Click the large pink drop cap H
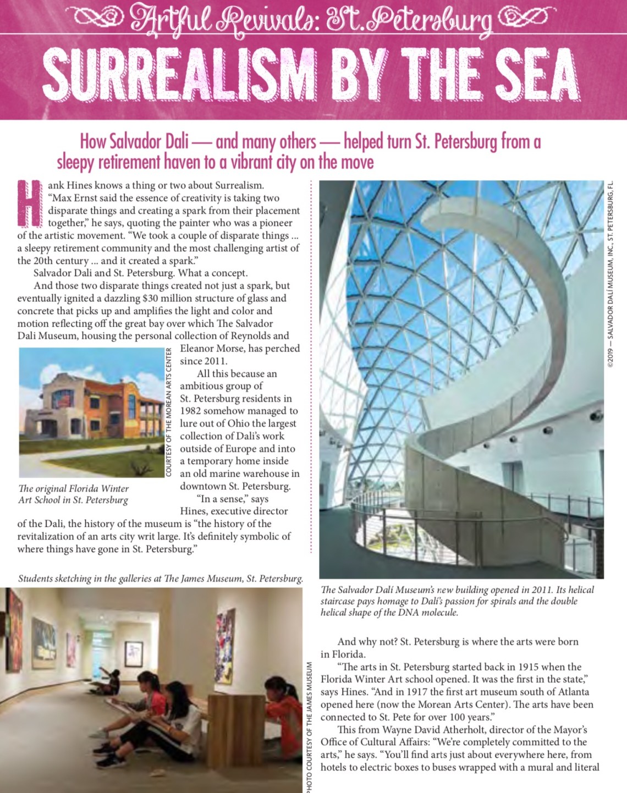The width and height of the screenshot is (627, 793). coord(30,203)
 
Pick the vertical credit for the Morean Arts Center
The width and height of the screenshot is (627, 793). coord(169,412)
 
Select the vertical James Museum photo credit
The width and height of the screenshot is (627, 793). coord(310,726)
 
